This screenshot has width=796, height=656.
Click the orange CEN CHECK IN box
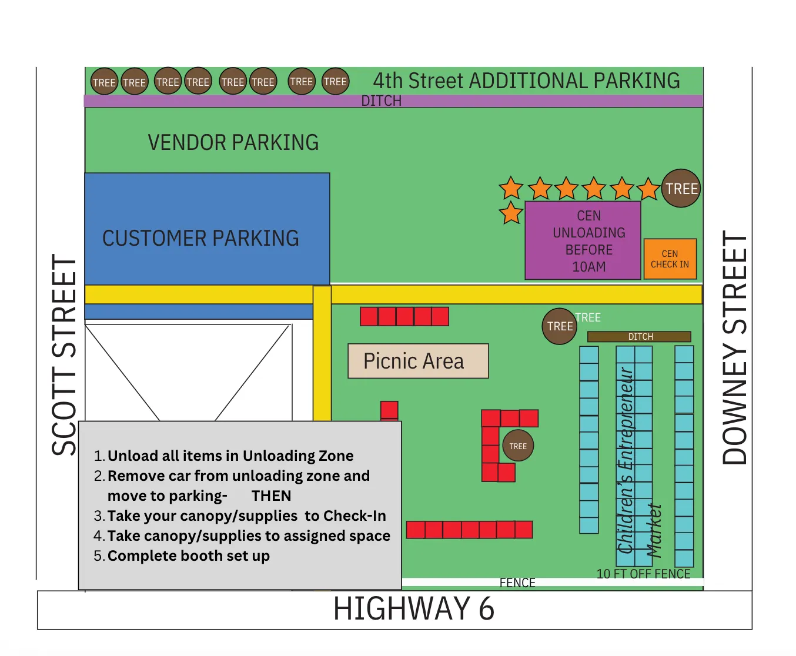[x=670, y=259]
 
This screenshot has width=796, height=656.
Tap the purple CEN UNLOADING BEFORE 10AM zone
[x=583, y=240]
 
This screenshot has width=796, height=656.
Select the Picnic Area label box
[x=418, y=361]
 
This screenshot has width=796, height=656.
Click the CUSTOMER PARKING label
[x=200, y=238]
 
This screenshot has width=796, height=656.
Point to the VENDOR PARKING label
[x=233, y=142]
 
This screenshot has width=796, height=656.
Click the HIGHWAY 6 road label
[x=414, y=609]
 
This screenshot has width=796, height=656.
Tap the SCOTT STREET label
[x=64, y=355]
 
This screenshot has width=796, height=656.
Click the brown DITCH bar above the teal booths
[x=639, y=336]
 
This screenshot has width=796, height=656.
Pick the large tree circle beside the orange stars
[x=681, y=189]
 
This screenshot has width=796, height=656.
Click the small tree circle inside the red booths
[x=518, y=446]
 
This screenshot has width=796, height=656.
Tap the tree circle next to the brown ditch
[x=559, y=326]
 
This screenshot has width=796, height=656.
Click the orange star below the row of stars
[x=511, y=213]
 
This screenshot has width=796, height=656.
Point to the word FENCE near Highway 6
[x=517, y=583]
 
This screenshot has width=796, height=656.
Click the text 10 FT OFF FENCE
[x=643, y=574]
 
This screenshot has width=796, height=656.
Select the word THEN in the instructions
[x=271, y=496]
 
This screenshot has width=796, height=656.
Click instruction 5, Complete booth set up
[x=188, y=555]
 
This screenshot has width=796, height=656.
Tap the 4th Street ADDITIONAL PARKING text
[x=526, y=81]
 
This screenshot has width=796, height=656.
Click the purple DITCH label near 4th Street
[x=381, y=101]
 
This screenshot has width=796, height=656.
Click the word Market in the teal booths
[x=654, y=530]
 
